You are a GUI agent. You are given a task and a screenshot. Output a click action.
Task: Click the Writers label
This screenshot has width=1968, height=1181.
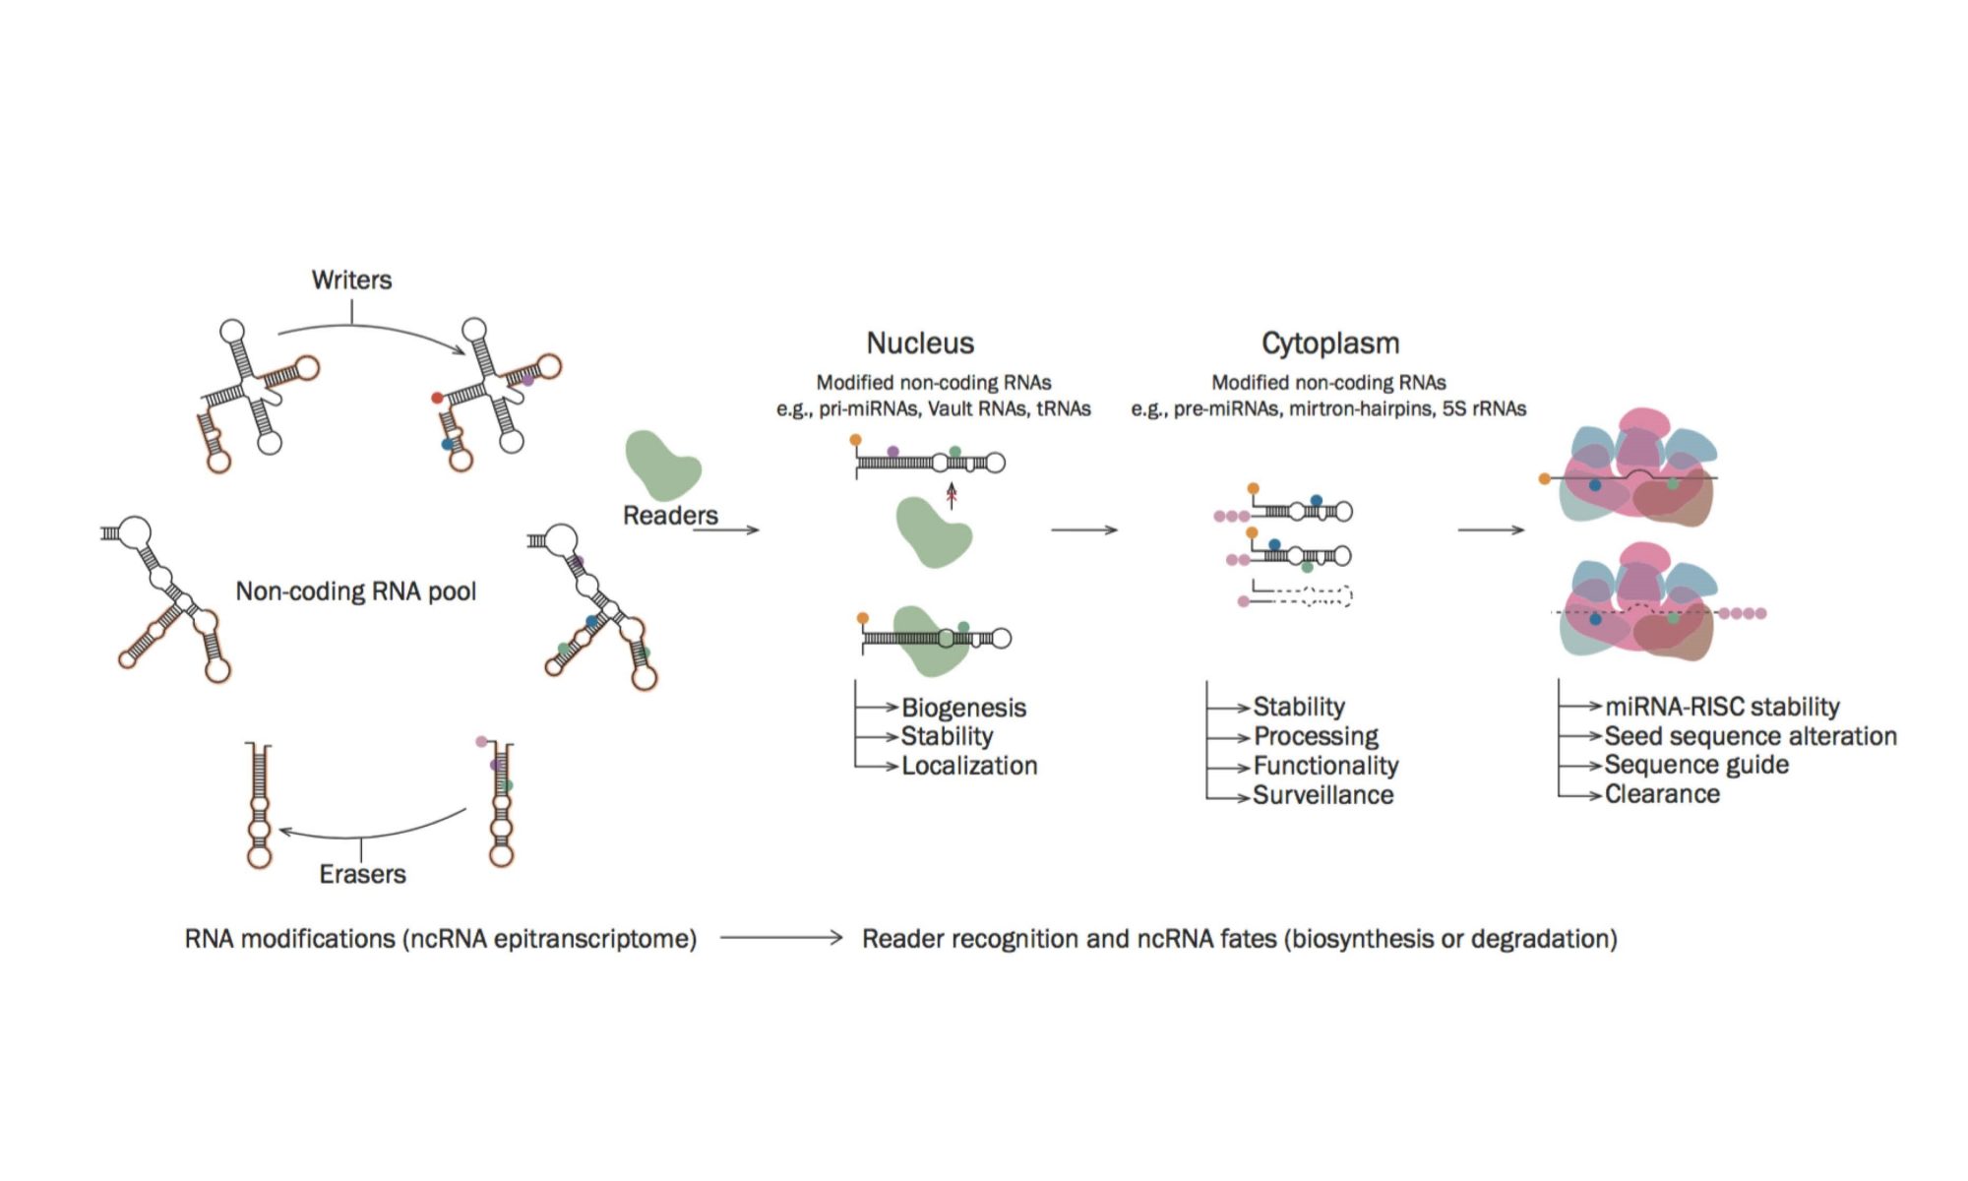point(351,280)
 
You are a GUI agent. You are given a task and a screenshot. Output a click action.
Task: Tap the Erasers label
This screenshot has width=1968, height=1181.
point(362,874)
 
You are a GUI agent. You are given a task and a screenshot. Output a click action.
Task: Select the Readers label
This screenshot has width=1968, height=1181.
point(670,516)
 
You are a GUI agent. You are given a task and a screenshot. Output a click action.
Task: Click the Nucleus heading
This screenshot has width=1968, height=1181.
point(920,343)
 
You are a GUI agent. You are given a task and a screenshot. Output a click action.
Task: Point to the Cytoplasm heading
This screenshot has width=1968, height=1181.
point(1330,343)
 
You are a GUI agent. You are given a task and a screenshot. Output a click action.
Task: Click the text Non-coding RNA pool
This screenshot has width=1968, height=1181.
point(355,591)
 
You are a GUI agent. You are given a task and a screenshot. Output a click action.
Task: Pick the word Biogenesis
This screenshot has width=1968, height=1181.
point(963,708)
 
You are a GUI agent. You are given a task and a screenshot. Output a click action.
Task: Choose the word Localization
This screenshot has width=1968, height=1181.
point(969,766)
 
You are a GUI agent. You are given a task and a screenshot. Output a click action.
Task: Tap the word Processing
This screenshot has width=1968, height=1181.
point(1316,736)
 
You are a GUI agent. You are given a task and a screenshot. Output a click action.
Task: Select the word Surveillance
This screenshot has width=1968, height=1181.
point(1322,795)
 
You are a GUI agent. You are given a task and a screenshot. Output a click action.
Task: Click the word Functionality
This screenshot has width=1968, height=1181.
point(1325,766)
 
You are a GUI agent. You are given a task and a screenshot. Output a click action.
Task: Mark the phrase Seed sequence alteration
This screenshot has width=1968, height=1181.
point(1751,736)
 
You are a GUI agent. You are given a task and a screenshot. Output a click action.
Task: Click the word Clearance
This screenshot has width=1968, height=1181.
point(1662,794)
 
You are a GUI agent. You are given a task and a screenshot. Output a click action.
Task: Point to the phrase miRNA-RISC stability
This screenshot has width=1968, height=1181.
point(1722,707)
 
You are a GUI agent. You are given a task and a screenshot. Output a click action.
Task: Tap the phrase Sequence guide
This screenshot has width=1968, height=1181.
point(1696,765)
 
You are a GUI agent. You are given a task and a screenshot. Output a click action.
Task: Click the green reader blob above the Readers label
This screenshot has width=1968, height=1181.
point(661,466)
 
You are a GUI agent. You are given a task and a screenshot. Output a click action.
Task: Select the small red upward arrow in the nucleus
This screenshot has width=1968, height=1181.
point(952,495)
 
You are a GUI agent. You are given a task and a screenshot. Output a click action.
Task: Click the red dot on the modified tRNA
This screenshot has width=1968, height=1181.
point(437,398)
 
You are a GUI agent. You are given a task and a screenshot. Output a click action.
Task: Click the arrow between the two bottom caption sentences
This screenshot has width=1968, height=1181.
point(780,938)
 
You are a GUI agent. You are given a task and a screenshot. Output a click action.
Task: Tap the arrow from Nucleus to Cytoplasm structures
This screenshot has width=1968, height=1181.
point(1083,530)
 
